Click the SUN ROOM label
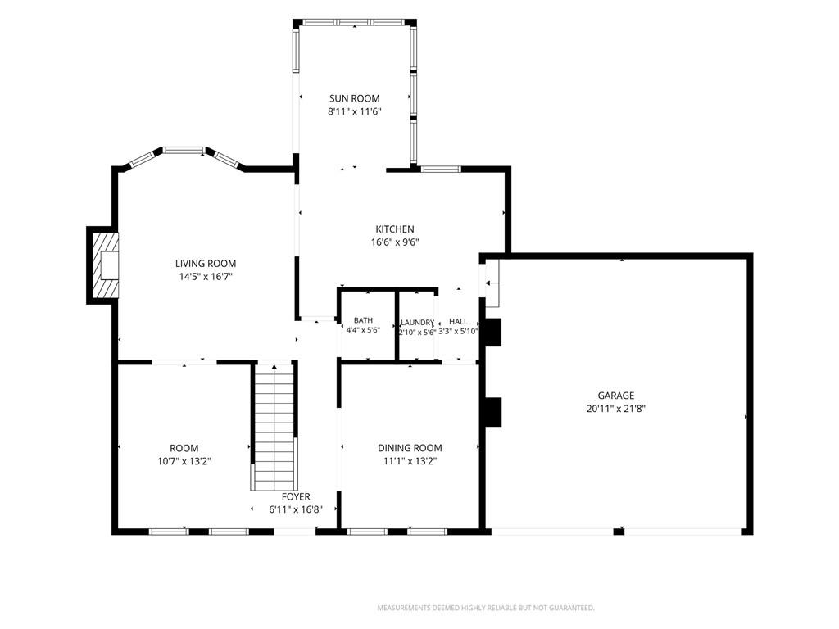click(354, 98)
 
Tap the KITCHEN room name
click(395, 229)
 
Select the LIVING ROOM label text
click(206, 263)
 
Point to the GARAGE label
click(616, 396)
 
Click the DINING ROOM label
click(410, 448)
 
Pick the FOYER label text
click(296, 497)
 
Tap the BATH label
click(363, 320)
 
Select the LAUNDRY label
click(417, 323)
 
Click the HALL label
click(459, 321)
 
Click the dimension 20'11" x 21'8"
click(616, 409)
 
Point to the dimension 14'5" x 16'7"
click(206, 277)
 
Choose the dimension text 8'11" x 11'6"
click(354, 111)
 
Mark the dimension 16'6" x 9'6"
click(395, 242)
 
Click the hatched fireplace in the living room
click(104, 265)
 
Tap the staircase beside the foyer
click(274, 426)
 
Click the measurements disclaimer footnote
click(486, 609)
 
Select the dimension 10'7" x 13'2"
click(184, 462)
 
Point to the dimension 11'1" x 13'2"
click(410, 462)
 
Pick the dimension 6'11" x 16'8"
click(296, 509)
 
